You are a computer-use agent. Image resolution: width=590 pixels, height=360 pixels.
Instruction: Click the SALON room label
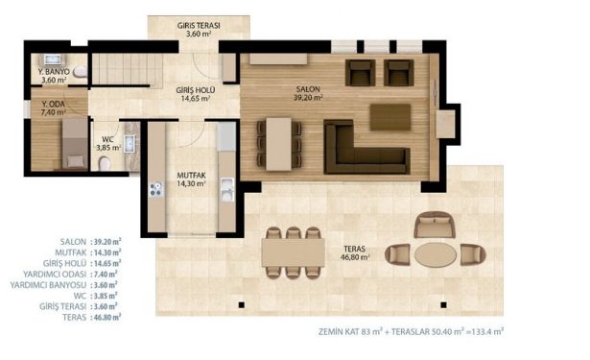[308, 89]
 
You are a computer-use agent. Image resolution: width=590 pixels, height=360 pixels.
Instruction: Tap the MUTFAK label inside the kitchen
[191, 176]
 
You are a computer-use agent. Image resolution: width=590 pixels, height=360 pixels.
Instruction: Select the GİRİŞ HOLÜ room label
[196, 90]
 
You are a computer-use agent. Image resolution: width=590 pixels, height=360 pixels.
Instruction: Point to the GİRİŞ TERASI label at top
[199, 26]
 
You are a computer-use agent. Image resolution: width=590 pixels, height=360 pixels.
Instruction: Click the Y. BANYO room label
[54, 72]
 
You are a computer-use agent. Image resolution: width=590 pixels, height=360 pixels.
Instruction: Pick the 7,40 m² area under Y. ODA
[54, 112]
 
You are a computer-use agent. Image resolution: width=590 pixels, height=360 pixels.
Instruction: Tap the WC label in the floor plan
[107, 140]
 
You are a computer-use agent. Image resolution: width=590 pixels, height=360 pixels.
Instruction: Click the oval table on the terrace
[436, 254]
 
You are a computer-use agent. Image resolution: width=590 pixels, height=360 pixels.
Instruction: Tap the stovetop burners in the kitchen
[155, 189]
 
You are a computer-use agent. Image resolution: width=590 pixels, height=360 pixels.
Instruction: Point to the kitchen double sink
[227, 189]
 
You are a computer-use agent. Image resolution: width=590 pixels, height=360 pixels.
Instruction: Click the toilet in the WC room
[105, 164]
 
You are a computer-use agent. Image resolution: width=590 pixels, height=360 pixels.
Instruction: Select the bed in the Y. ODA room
[75, 143]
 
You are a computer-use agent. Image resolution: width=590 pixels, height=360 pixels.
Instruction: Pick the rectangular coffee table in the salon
[390, 117]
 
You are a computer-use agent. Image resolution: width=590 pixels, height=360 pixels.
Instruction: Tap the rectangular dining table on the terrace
[294, 252]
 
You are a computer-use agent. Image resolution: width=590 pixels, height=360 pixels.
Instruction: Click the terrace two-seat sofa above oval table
[435, 225]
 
